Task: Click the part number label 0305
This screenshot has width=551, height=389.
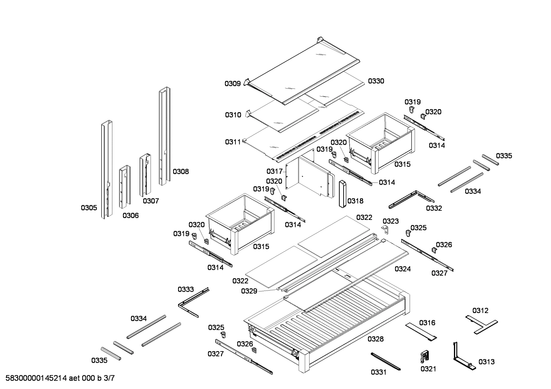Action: [x=89, y=208]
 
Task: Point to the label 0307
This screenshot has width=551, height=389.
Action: [x=151, y=201]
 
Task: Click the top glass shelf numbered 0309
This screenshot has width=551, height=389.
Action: [x=302, y=73]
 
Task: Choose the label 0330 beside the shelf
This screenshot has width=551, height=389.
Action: [x=376, y=81]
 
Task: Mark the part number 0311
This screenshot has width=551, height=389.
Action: [x=233, y=142]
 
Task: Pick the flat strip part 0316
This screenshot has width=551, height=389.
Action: [x=421, y=331]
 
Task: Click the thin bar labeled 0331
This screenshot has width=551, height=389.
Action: [x=385, y=361]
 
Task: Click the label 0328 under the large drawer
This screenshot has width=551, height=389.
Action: [x=376, y=339]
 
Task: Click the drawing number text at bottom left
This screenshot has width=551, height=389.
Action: [x=60, y=378]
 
